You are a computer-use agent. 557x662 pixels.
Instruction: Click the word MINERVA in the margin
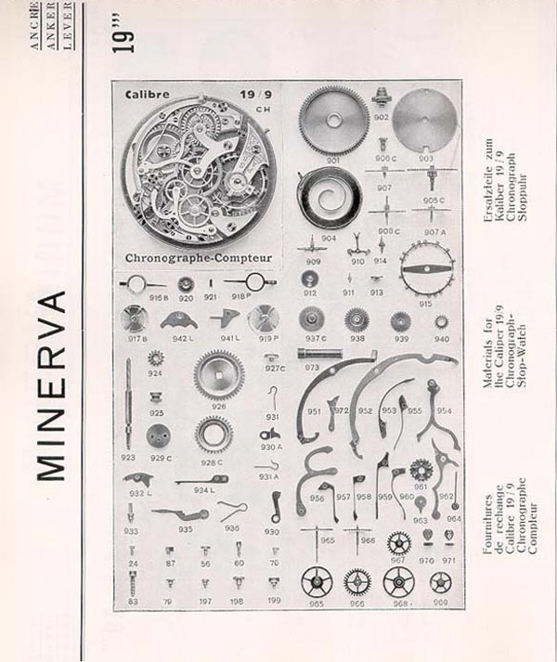[54, 385]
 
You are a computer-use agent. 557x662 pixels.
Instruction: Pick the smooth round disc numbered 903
[424, 122]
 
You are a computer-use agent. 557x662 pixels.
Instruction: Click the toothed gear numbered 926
[219, 373]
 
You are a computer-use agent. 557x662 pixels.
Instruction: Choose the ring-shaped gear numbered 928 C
[214, 434]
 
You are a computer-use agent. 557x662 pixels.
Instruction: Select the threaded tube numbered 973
[322, 354]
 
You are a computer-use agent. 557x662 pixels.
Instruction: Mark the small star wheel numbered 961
[420, 468]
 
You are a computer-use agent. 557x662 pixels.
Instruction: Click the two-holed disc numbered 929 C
[160, 434]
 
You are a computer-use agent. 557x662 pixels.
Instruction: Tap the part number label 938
[357, 340]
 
